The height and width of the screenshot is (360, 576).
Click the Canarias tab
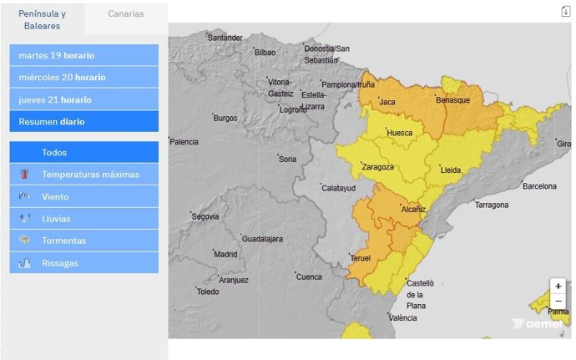tap(125, 14)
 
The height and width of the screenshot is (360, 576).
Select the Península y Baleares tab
tap(42, 19)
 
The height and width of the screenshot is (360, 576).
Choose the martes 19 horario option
tap(83, 55)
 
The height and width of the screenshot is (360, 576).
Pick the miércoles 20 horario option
tap(83, 77)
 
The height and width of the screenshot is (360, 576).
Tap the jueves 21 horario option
tap(83, 99)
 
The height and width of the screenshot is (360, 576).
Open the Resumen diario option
tap(83, 121)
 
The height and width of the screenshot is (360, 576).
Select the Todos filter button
tap(83, 153)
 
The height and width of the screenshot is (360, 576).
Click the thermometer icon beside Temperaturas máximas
tap(24, 175)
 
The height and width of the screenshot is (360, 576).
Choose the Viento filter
tap(83, 197)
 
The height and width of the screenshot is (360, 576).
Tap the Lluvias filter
tap(83, 219)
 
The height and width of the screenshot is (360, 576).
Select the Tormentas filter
tap(83, 241)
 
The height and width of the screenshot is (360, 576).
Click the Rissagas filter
tap(83, 262)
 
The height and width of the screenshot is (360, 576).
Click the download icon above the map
tap(565, 11)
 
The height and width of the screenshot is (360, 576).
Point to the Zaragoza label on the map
tap(378, 167)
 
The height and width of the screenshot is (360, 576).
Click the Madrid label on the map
tap(225, 255)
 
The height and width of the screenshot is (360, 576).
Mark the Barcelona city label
tap(539, 186)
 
